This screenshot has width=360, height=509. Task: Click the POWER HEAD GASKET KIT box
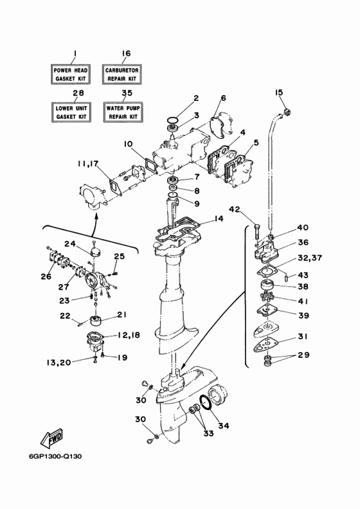click(x=70, y=75)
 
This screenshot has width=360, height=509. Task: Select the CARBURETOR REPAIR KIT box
click(x=122, y=75)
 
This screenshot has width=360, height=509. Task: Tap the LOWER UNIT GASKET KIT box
click(x=71, y=112)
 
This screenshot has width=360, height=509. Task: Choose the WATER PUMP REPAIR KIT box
click(x=123, y=112)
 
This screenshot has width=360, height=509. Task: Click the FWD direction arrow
click(x=51, y=438)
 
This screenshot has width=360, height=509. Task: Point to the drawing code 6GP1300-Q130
click(x=55, y=456)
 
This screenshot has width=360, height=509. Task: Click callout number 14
click(x=219, y=219)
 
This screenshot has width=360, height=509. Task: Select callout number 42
click(x=235, y=210)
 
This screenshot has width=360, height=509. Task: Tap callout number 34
click(x=223, y=425)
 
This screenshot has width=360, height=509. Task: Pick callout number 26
click(x=46, y=276)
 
